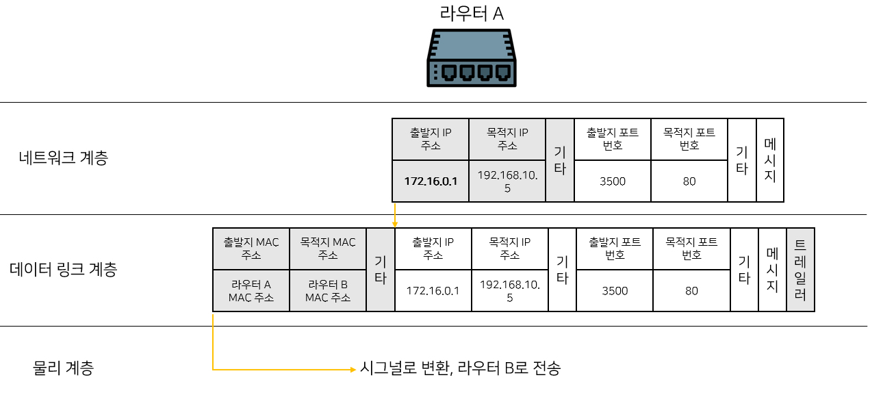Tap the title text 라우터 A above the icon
472,14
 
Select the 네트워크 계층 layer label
63,158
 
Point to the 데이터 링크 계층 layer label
63,269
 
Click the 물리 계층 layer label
63,368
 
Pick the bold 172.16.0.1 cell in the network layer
431,181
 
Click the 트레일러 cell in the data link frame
800,270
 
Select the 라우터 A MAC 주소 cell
251,291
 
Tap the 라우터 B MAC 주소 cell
328,291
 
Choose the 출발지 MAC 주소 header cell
251,248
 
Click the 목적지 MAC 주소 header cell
328,248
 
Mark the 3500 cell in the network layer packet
613,181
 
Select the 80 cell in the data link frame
692,291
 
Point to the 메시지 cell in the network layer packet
770,160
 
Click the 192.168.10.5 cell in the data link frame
510,291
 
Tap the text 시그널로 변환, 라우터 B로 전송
460,368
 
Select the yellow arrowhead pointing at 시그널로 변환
353,369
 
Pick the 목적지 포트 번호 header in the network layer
689,139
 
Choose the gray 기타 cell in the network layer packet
560,160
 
